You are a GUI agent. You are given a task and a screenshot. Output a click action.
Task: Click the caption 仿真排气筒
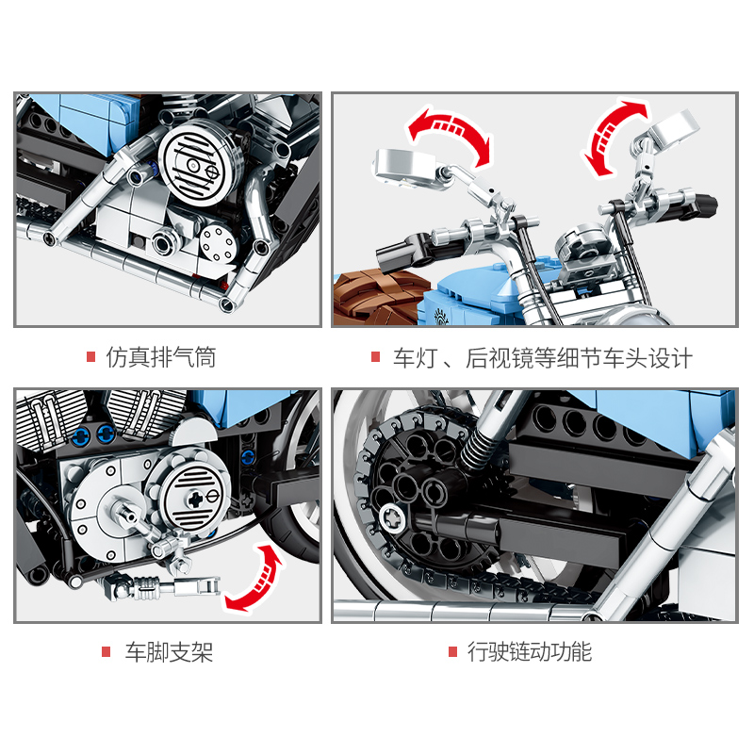click(161, 357)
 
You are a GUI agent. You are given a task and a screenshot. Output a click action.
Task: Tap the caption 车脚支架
click(169, 652)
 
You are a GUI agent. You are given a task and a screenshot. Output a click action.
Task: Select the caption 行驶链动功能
click(530, 652)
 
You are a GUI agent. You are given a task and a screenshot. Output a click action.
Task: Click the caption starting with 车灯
click(543, 358)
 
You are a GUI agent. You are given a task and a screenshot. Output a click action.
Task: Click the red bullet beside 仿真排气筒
click(90, 357)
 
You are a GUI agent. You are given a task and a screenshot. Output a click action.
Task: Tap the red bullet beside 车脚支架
click(107, 652)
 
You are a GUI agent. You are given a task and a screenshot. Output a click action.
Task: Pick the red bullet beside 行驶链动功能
click(452, 651)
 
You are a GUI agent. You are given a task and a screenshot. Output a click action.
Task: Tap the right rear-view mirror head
click(673, 126)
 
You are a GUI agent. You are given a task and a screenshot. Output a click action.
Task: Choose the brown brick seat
click(380, 297)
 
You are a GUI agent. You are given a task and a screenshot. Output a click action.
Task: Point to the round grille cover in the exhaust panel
click(201, 163)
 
